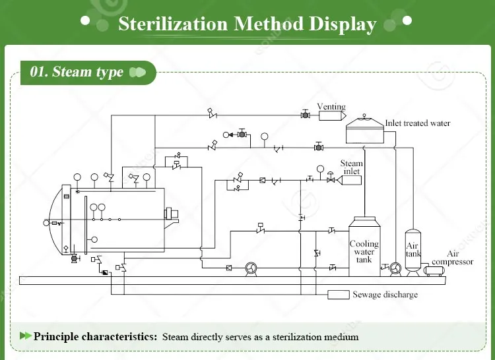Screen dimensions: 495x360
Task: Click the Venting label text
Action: [x=331, y=107]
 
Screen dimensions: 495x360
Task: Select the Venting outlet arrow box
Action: [x=332, y=115]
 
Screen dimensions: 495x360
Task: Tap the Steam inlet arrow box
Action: [x=349, y=180]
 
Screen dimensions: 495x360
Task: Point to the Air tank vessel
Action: [x=413, y=252]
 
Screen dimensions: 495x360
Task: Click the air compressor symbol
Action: [x=434, y=271]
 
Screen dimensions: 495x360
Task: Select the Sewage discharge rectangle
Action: [x=339, y=295]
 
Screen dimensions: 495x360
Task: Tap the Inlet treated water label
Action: [x=417, y=123]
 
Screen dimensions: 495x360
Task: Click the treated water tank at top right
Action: [x=364, y=130]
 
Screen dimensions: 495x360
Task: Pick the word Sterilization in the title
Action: [x=173, y=24]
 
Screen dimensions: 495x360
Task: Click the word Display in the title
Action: [x=343, y=24]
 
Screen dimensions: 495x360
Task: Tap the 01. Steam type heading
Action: [x=77, y=72]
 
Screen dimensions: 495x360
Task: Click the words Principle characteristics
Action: [x=95, y=337]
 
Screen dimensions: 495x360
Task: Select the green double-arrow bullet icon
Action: [x=25, y=336]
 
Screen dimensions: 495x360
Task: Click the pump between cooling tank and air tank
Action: [x=395, y=269]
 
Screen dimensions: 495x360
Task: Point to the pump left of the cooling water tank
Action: [x=251, y=269]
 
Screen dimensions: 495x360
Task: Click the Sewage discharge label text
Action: [x=385, y=295]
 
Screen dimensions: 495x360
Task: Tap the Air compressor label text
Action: [x=452, y=258]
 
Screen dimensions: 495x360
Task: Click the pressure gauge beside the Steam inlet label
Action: [x=320, y=169]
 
